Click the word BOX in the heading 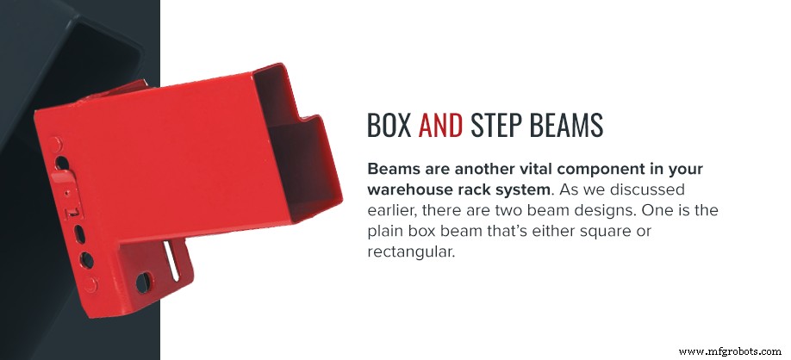tap(389, 126)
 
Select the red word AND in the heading tap(440, 126)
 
